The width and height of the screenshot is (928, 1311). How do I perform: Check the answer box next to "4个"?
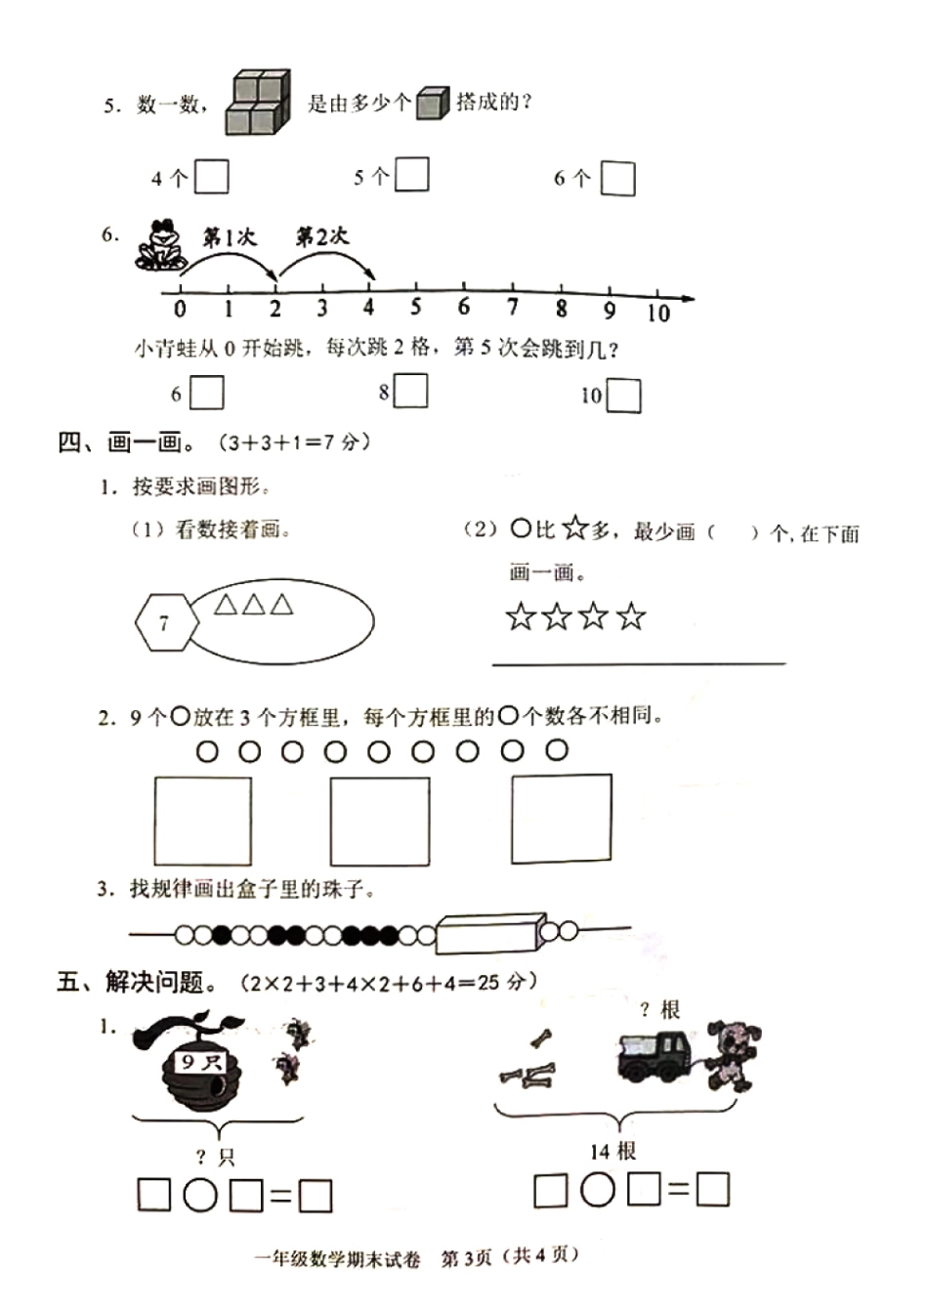coord(212,177)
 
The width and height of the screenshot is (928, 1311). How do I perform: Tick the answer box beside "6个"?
coord(617,179)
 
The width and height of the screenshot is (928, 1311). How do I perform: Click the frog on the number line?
coord(160,244)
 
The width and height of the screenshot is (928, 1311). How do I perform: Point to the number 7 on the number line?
coord(512,308)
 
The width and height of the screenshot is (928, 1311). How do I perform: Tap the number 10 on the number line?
coord(658,312)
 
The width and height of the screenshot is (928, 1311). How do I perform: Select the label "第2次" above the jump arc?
coord(321,236)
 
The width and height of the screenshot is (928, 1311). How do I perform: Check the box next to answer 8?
coord(411,391)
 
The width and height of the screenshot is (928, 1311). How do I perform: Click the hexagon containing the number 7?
coord(164,622)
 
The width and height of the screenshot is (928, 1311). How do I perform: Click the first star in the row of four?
coord(521,616)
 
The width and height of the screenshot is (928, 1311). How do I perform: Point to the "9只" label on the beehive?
coord(201,1061)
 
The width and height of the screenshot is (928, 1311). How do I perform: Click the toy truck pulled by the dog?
coord(654,1056)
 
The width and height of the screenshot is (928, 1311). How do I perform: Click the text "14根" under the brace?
coord(612,1152)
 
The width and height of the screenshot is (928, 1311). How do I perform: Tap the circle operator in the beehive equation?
coord(200,1195)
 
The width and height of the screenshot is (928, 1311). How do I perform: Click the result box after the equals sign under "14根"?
coord(714,1190)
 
